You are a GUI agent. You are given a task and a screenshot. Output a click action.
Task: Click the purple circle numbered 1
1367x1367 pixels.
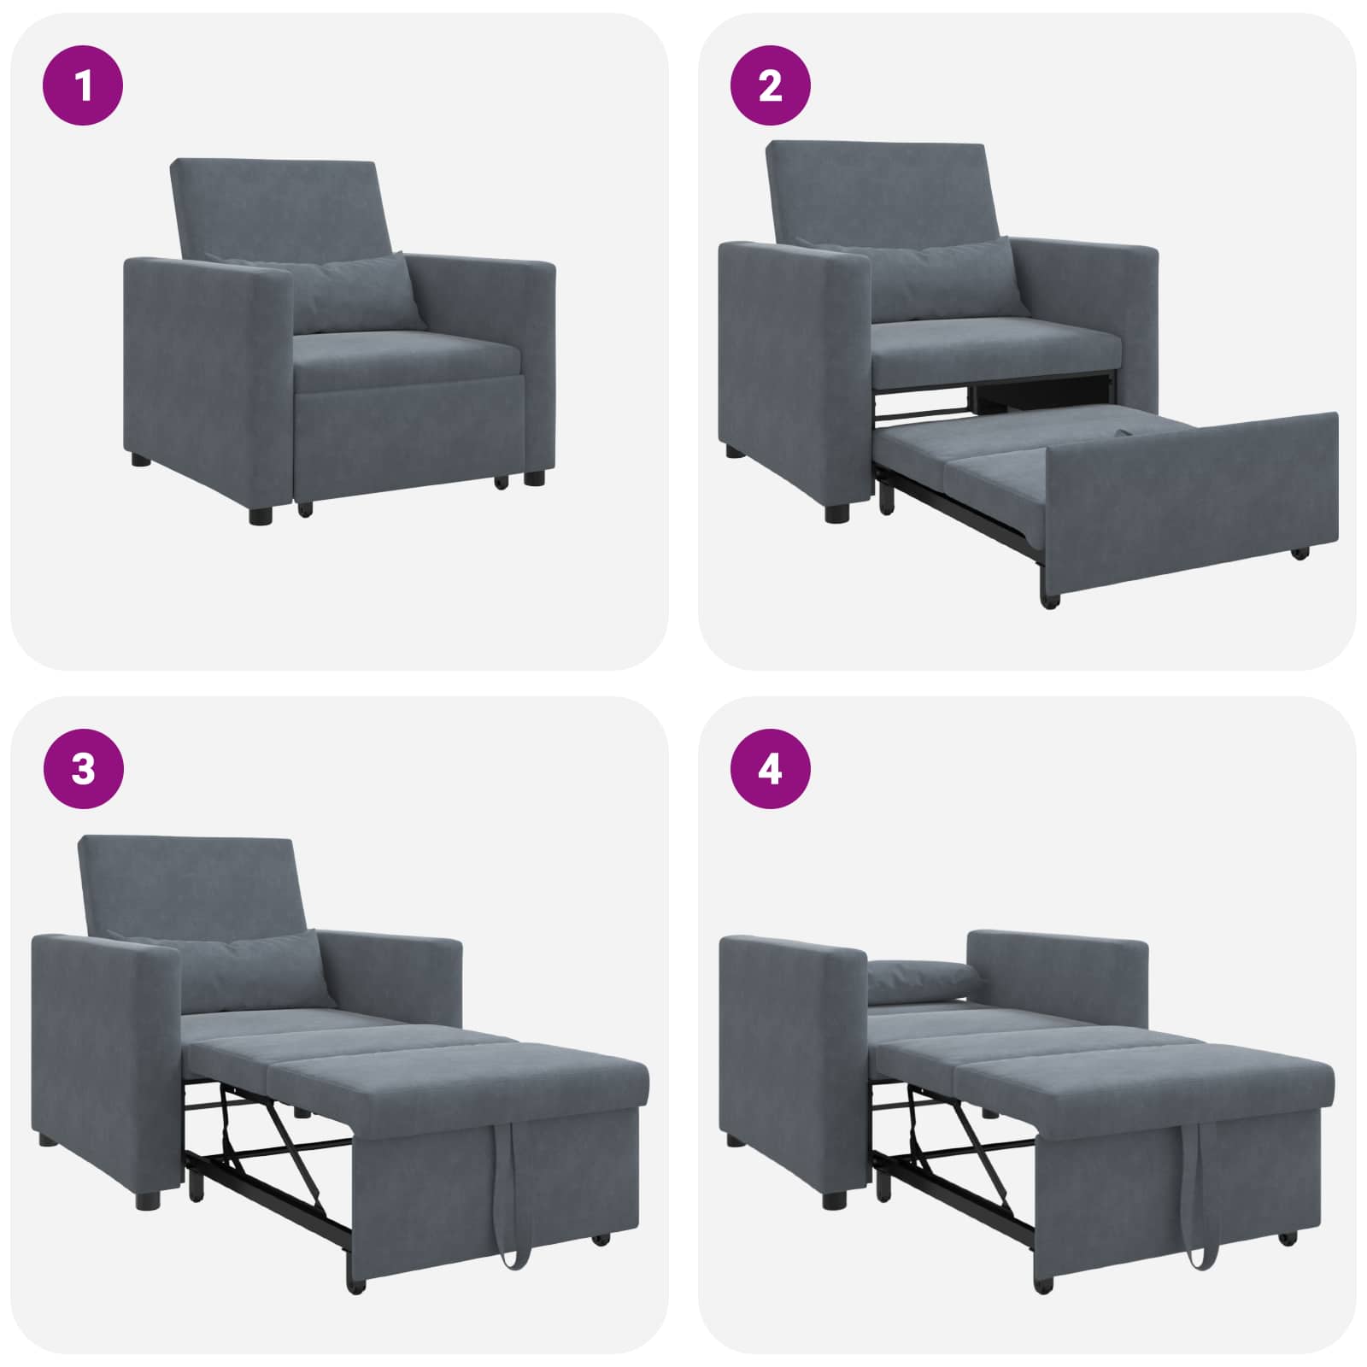83,85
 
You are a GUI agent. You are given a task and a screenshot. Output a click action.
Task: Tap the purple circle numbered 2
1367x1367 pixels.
770,85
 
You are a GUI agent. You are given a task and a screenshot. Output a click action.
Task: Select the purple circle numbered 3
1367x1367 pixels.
83,769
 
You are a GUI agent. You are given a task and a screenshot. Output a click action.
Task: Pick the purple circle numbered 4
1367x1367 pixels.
770,769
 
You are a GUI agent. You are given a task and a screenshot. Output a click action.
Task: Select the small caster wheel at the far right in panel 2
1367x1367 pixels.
1300,553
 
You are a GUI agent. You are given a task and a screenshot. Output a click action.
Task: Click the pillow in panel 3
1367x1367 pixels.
248,970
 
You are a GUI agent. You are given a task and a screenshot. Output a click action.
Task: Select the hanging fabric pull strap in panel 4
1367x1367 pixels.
1196,1196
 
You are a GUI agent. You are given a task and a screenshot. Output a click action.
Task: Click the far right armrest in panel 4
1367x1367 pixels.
1059,970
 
